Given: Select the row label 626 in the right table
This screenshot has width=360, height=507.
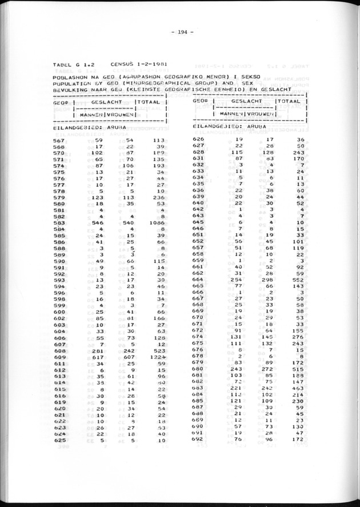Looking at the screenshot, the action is coord(198,139).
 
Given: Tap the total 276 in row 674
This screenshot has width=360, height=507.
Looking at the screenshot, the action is coord(296,337).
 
